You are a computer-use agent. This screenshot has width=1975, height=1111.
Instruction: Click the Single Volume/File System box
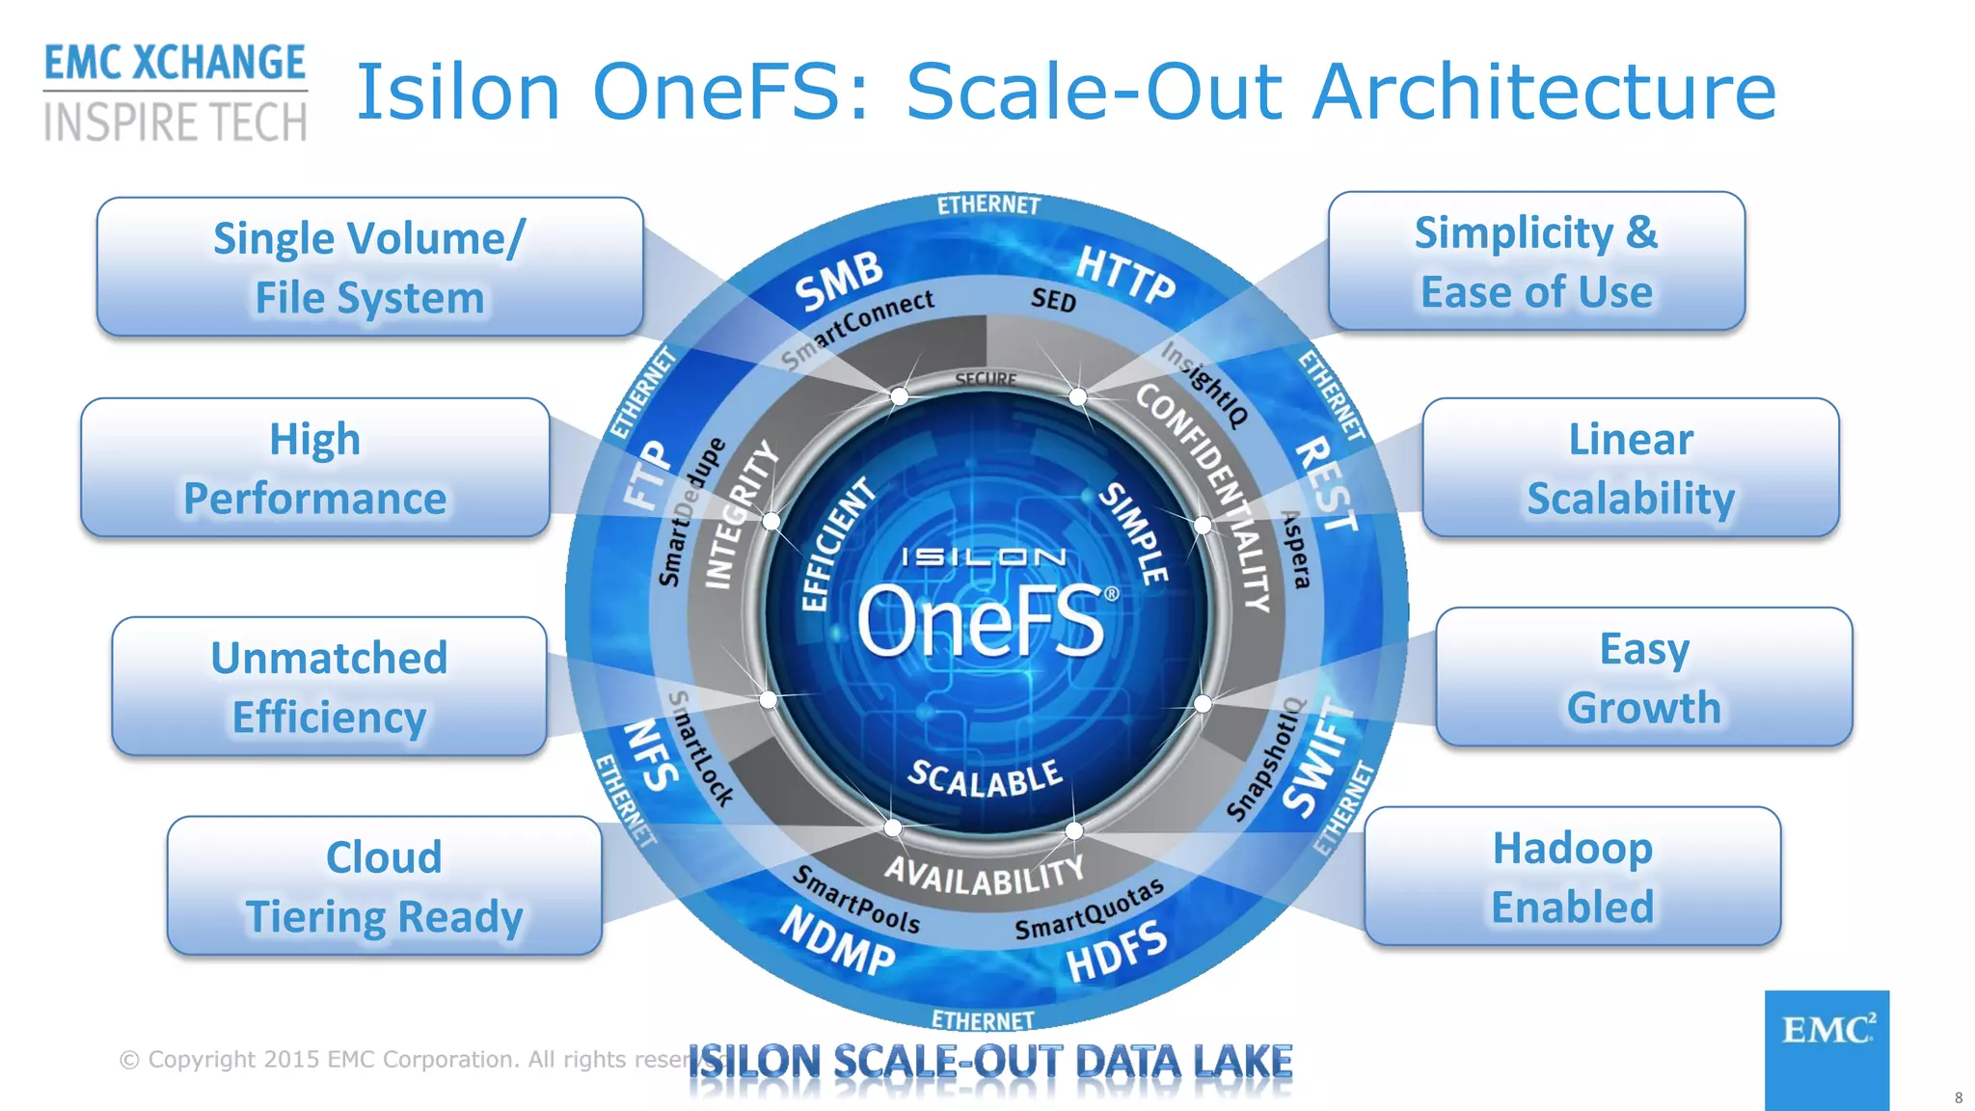(369, 267)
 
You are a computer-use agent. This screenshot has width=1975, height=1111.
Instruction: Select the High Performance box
(315, 468)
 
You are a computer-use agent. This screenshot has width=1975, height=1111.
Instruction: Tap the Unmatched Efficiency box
(329, 687)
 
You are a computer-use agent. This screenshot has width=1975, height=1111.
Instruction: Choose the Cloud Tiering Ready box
(384, 885)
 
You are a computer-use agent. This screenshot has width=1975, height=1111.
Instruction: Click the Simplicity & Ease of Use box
(1536, 261)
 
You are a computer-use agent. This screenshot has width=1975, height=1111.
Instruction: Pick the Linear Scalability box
(1630, 468)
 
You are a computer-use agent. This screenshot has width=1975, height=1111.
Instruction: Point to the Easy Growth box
(1643, 677)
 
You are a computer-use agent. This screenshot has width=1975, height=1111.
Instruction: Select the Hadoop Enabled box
(1572, 877)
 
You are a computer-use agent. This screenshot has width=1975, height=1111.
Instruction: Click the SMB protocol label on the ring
(838, 281)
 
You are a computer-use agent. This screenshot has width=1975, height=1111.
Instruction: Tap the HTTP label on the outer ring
(1125, 274)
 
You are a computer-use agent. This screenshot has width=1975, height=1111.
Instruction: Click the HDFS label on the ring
(1116, 951)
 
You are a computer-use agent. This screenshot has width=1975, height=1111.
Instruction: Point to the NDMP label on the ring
(837, 940)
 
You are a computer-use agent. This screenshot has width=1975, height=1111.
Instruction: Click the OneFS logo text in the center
(982, 623)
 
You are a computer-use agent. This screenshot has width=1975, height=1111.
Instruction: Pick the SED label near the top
(1053, 300)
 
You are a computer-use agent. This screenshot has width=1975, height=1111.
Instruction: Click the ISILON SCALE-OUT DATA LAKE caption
(989, 1061)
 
